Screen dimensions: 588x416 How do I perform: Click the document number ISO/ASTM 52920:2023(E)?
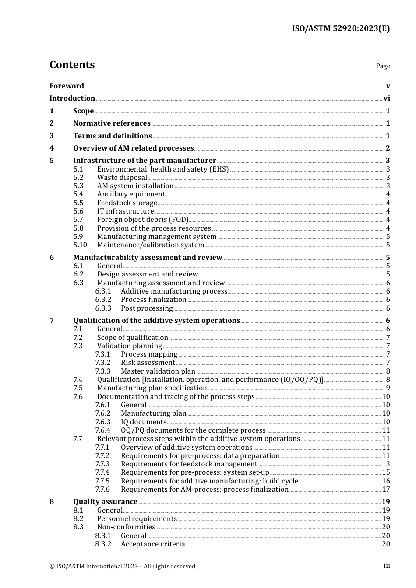341,29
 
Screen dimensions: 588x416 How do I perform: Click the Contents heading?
72,65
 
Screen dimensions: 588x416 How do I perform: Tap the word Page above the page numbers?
383,66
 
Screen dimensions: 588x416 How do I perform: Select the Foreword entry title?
67,86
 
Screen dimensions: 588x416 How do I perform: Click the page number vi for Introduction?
387,98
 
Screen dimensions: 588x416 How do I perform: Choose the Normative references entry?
112,123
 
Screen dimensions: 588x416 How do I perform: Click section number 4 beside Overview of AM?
52,148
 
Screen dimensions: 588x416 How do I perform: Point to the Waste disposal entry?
122,178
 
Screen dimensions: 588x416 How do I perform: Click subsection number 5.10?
80,245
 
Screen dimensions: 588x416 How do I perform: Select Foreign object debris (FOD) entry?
142,220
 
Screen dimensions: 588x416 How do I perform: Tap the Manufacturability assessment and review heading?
148,258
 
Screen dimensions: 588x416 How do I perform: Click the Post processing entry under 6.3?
147,308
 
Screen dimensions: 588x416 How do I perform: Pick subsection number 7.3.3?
103,371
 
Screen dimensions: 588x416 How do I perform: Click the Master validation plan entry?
158,371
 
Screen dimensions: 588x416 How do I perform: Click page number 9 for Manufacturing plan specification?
388,388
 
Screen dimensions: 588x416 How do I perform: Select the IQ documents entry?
144,422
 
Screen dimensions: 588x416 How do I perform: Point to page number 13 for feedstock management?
386,464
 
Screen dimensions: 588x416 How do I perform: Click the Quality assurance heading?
105,502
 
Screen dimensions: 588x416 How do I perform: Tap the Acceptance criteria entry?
153,544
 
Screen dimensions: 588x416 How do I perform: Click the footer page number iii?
387,566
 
